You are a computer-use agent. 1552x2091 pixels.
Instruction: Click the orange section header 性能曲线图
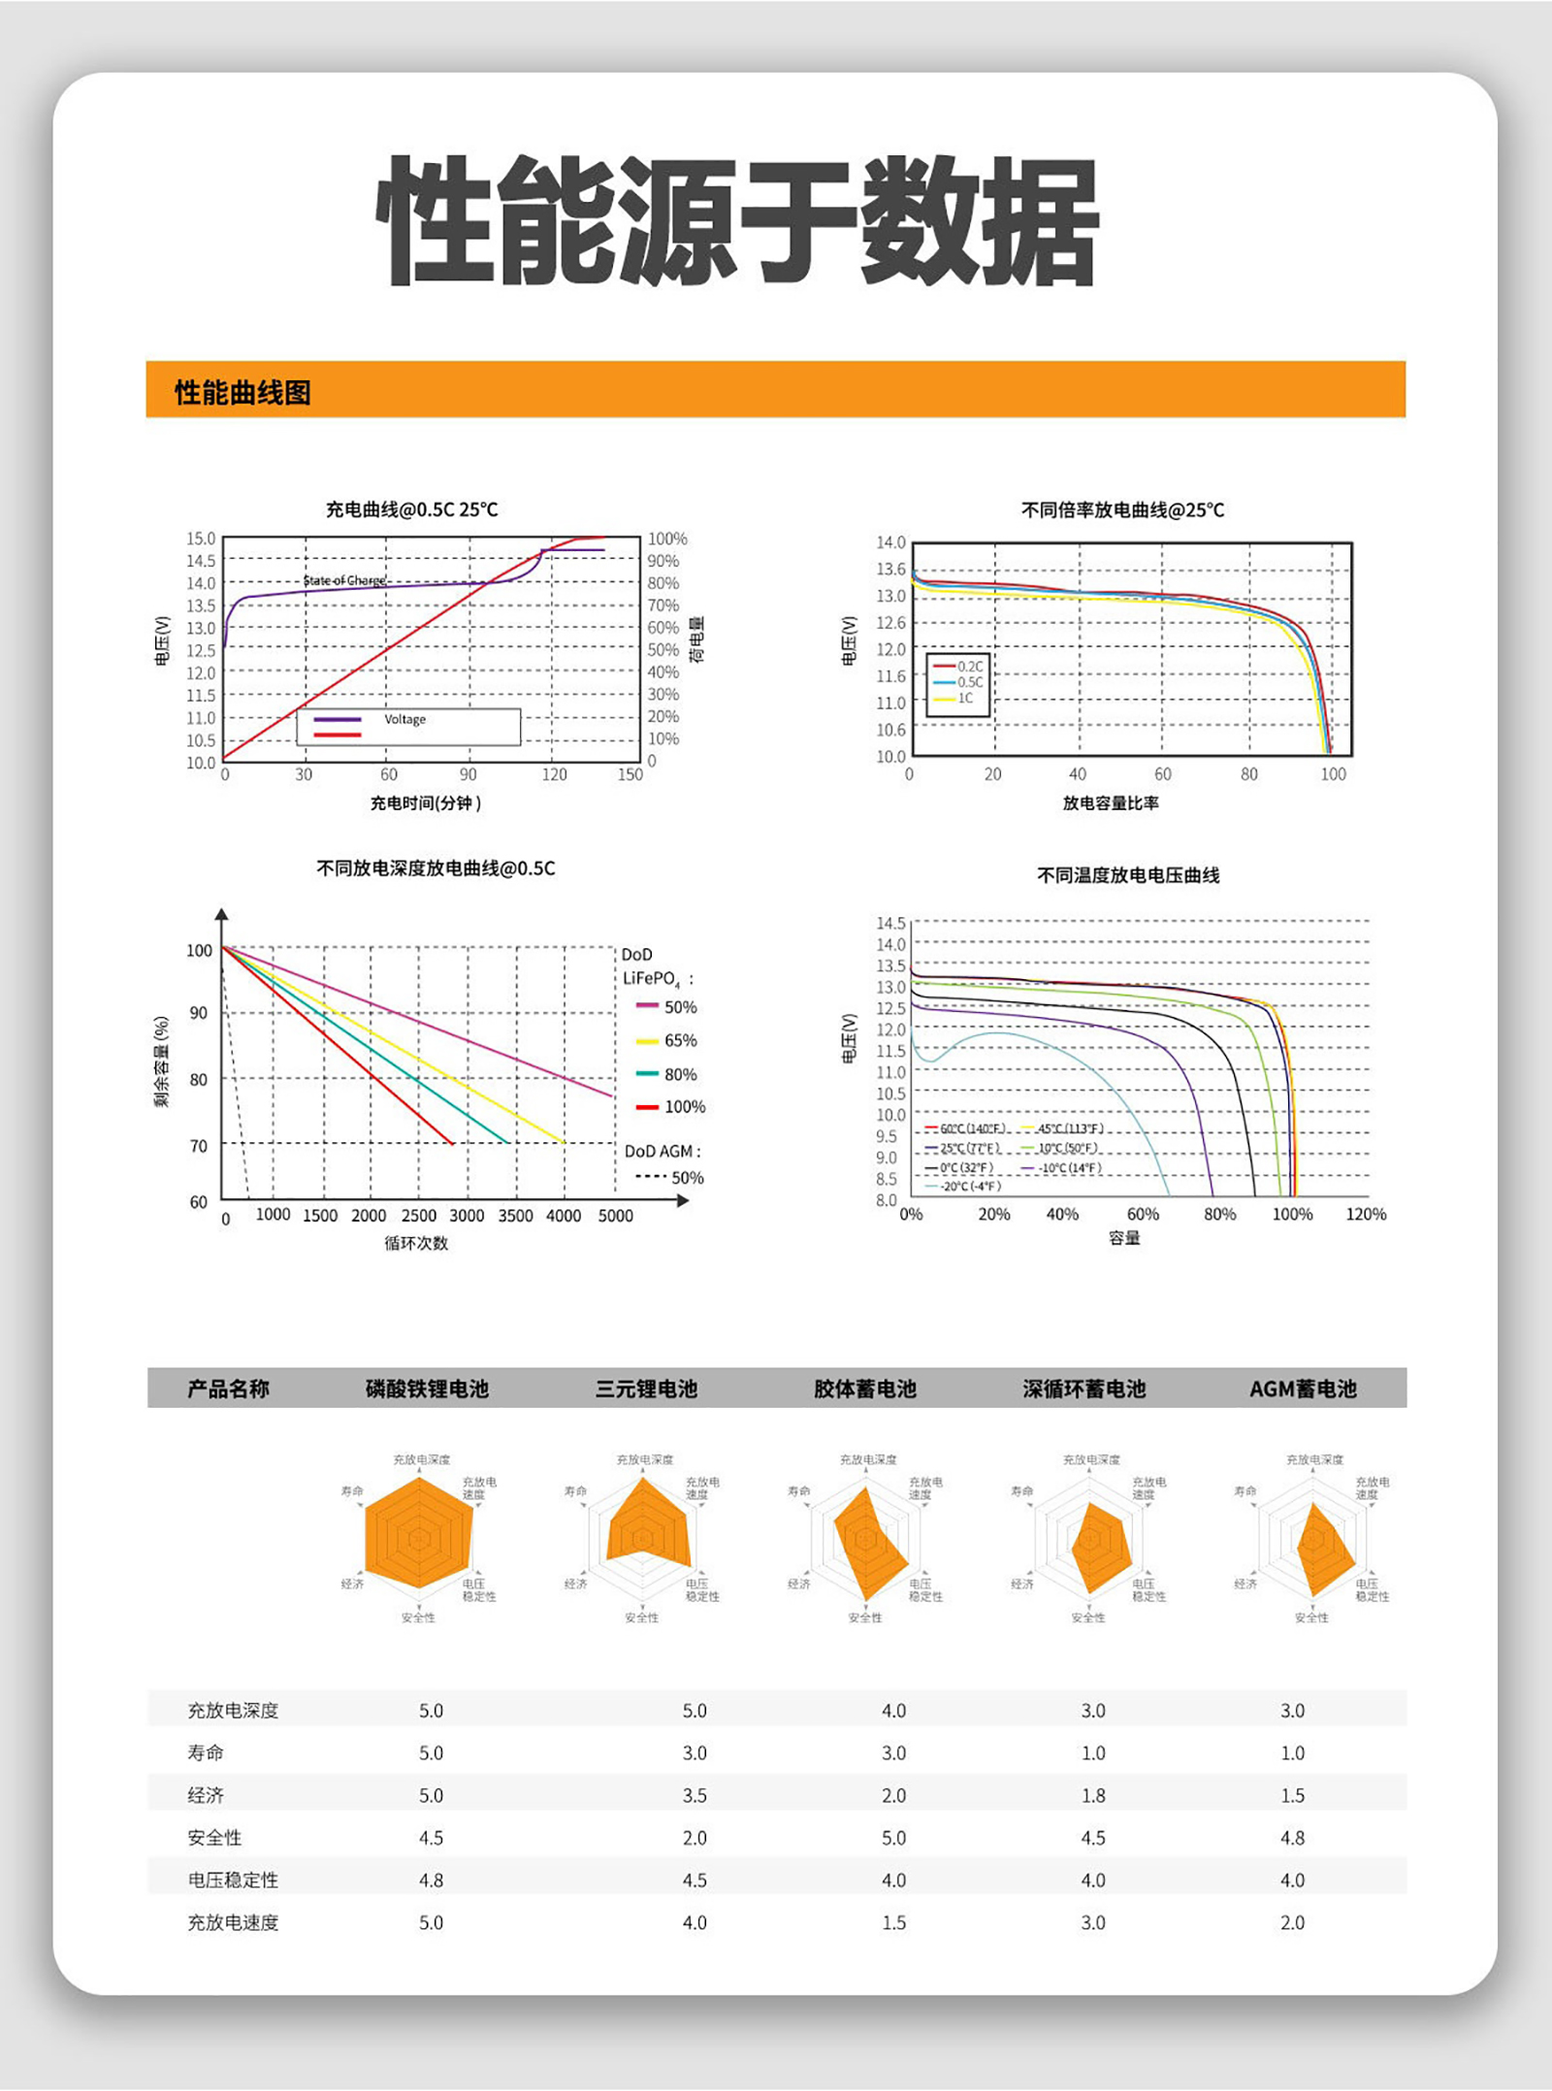coord(242,393)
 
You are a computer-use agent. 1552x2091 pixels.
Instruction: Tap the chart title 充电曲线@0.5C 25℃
coord(411,509)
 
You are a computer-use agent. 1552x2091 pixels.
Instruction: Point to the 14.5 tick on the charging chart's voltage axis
coord(201,561)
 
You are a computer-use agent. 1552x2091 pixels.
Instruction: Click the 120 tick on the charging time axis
coord(554,774)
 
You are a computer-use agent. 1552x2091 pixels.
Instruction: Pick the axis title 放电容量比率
coord(1111,803)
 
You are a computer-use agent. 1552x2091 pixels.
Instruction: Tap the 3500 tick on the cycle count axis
coord(515,1216)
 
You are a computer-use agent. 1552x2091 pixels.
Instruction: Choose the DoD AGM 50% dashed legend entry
coord(669,1178)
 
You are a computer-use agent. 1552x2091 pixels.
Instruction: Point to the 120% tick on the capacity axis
coord(1365,1214)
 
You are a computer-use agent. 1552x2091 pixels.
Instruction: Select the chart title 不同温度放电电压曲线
coord(1128,875)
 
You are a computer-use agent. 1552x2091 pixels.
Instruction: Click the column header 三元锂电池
coord(646,1389)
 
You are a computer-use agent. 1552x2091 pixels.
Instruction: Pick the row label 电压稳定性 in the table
coord(233,1880)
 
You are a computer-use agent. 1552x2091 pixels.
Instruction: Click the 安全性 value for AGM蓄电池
coord(1292,1838)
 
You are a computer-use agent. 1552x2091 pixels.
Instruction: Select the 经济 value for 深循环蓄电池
coord(1093,1795)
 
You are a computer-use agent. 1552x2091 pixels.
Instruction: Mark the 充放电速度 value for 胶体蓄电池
coord(893,1922)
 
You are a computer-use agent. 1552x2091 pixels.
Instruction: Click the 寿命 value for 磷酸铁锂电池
coord(431,1752)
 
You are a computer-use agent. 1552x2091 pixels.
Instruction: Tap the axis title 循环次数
coord(416,1243)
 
